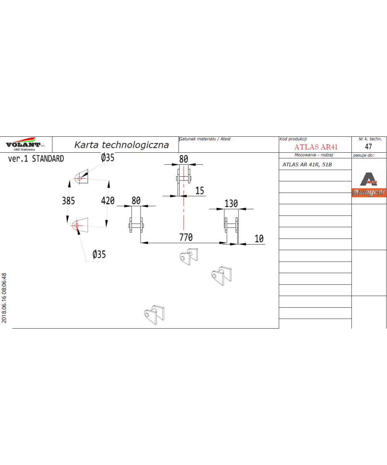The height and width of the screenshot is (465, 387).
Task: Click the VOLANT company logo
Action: tap(25, 144)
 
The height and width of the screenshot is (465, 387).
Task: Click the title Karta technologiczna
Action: tap(122, 145)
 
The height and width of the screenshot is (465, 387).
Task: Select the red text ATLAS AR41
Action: tap(316, 147)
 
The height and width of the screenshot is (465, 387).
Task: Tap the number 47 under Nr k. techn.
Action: tap(368, 146)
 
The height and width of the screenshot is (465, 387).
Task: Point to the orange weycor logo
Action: tap(369, 193)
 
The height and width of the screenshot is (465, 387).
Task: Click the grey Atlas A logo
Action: tap(368, 179)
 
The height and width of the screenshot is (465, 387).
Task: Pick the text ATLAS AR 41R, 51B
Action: tap(307, 165)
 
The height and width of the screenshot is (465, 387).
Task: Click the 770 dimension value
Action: tap(186, 237)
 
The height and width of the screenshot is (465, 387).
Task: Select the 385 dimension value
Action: tap(68, 201)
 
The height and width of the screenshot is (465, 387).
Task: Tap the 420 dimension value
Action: tap(108, 201)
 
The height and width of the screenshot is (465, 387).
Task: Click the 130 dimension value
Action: tap(231, 203)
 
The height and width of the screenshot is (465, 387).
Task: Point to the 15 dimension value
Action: tap(200, 191)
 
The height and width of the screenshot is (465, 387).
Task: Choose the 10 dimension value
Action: tap(259, 239)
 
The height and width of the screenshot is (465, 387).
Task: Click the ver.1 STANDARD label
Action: tap(36, 159)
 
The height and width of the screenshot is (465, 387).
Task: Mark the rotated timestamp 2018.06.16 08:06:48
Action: tap(4, 298)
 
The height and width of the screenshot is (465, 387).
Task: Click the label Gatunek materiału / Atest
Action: tap(205, 139)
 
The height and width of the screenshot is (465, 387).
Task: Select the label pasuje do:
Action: tap(363, 155)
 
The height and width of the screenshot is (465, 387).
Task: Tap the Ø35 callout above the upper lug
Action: tap(108, 158)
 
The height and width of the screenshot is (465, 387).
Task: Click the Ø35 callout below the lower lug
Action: tap(99, 254)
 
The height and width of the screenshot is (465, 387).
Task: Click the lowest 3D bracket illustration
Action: tap(154, 315)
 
